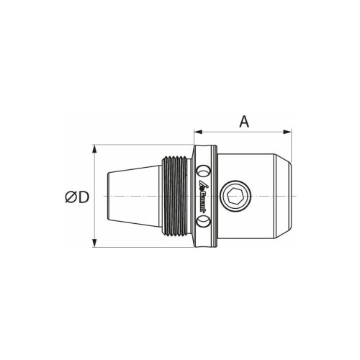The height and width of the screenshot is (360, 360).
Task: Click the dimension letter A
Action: coord(244,122)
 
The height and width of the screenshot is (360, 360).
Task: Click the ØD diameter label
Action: coord(76,197)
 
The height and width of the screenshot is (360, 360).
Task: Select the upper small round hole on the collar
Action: coord(203,171)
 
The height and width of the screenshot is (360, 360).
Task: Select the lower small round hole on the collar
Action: coord(203,221)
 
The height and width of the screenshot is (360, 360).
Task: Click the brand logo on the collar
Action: coord(204,195)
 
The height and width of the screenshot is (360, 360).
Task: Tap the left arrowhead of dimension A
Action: coord(197,132)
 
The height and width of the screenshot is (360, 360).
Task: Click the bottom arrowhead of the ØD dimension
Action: coord(94,243)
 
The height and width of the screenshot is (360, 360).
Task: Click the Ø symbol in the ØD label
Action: coord(69,197)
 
